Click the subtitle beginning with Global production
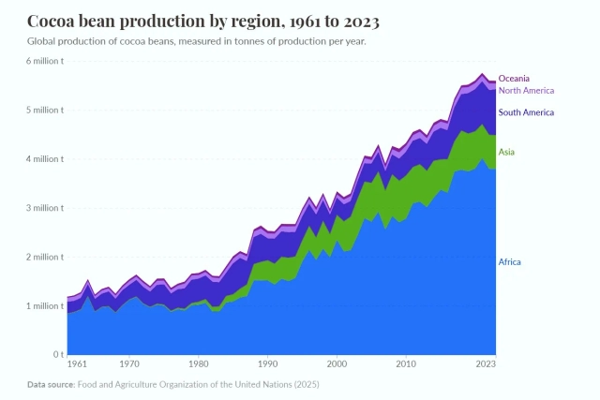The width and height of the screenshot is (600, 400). pyautogui.click(x=197, y=42)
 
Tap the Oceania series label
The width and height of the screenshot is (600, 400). pyautogui.click(x=514, y=79)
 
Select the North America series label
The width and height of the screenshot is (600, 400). pyautogui.click(x=526, y=91)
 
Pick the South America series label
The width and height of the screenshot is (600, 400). pyautogui.click(x=526, y=112)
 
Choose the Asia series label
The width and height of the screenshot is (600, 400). pyautogui.click(x=506, y=152)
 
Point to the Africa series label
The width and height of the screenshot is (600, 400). pyautogui.click(x=509, y=262)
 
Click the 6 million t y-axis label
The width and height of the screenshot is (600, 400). pyautogui.click(x=43, y=61)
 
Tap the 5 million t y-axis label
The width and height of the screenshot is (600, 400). pyautogui.click(x=43, y=110)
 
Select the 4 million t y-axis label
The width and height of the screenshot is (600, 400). pyautogui.click(x=43, y=159)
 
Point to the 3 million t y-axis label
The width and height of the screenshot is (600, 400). pyautogui.click(x=43, y=208)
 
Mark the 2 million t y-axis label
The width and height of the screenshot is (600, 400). pyautogui.click(x=43, y=257)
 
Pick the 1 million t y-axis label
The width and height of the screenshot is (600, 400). pyautogui.click(x=43, y=306)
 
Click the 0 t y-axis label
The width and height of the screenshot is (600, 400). pyautogui.click(x=57, y=355)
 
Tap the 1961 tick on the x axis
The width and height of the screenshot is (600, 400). pyautogui.click(x=77, y=363)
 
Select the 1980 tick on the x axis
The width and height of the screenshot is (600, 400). pyautogui.click(x=198, y=363)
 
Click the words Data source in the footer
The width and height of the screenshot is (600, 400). pyautogui.click(x=50, y=384)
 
